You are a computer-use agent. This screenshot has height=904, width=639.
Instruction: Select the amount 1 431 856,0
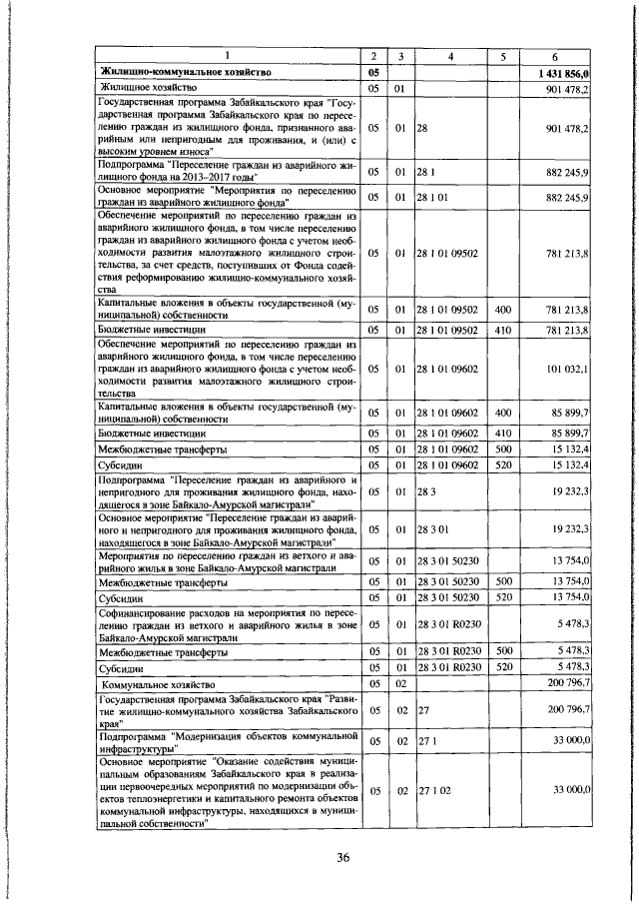point(565,73)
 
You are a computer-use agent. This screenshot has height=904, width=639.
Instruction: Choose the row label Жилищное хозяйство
point(145,89)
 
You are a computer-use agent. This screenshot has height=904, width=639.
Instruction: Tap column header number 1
point(227,55)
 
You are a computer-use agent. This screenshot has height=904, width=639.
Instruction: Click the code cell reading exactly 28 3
point(425,491)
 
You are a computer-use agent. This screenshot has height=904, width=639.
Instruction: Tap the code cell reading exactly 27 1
point(425,741)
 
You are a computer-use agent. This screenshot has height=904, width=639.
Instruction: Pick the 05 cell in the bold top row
point(373,73)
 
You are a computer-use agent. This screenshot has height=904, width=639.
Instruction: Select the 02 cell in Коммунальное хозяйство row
point(399,684)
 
